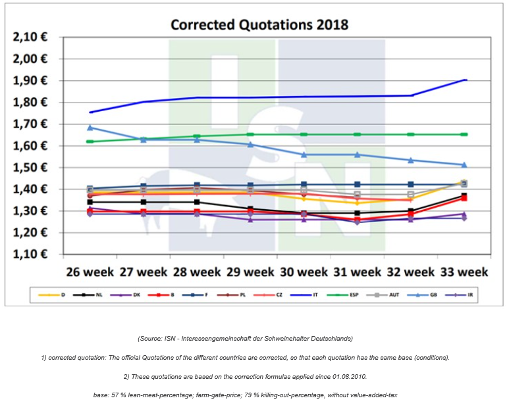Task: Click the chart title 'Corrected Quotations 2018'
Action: (x=259, y=25)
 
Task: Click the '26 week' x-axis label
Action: (x=90, y=271)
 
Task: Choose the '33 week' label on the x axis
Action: (x=464, y=271)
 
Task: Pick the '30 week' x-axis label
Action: (x=304, y=271)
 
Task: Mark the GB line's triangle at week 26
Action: (x=90, y=128)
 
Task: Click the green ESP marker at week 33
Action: (x=464, y=134)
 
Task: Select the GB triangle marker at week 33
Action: (x=464, y=164)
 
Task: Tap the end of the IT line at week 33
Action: (x=465, y=80)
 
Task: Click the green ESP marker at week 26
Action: (x=90, y=141)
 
